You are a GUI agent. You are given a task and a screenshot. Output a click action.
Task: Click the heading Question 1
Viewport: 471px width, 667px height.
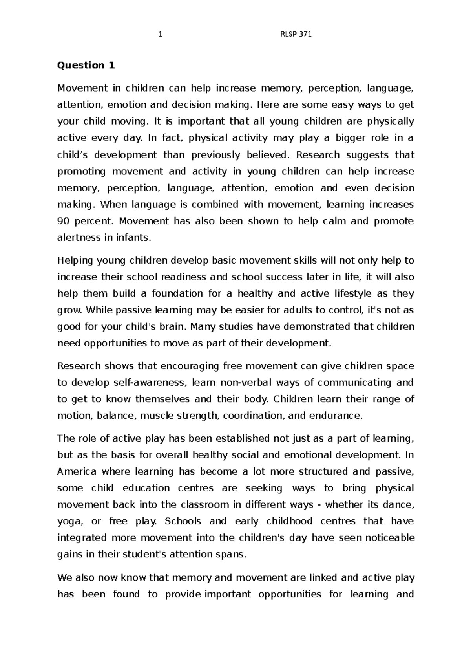(86, 65)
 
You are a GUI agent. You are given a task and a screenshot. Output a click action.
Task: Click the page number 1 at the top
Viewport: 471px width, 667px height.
(160, 35)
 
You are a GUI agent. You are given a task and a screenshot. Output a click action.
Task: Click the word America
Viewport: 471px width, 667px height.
(77, 471)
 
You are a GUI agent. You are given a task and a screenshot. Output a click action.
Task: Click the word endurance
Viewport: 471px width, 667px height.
(336, 416)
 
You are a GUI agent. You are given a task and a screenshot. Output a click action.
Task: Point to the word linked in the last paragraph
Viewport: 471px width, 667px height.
(323, 577)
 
